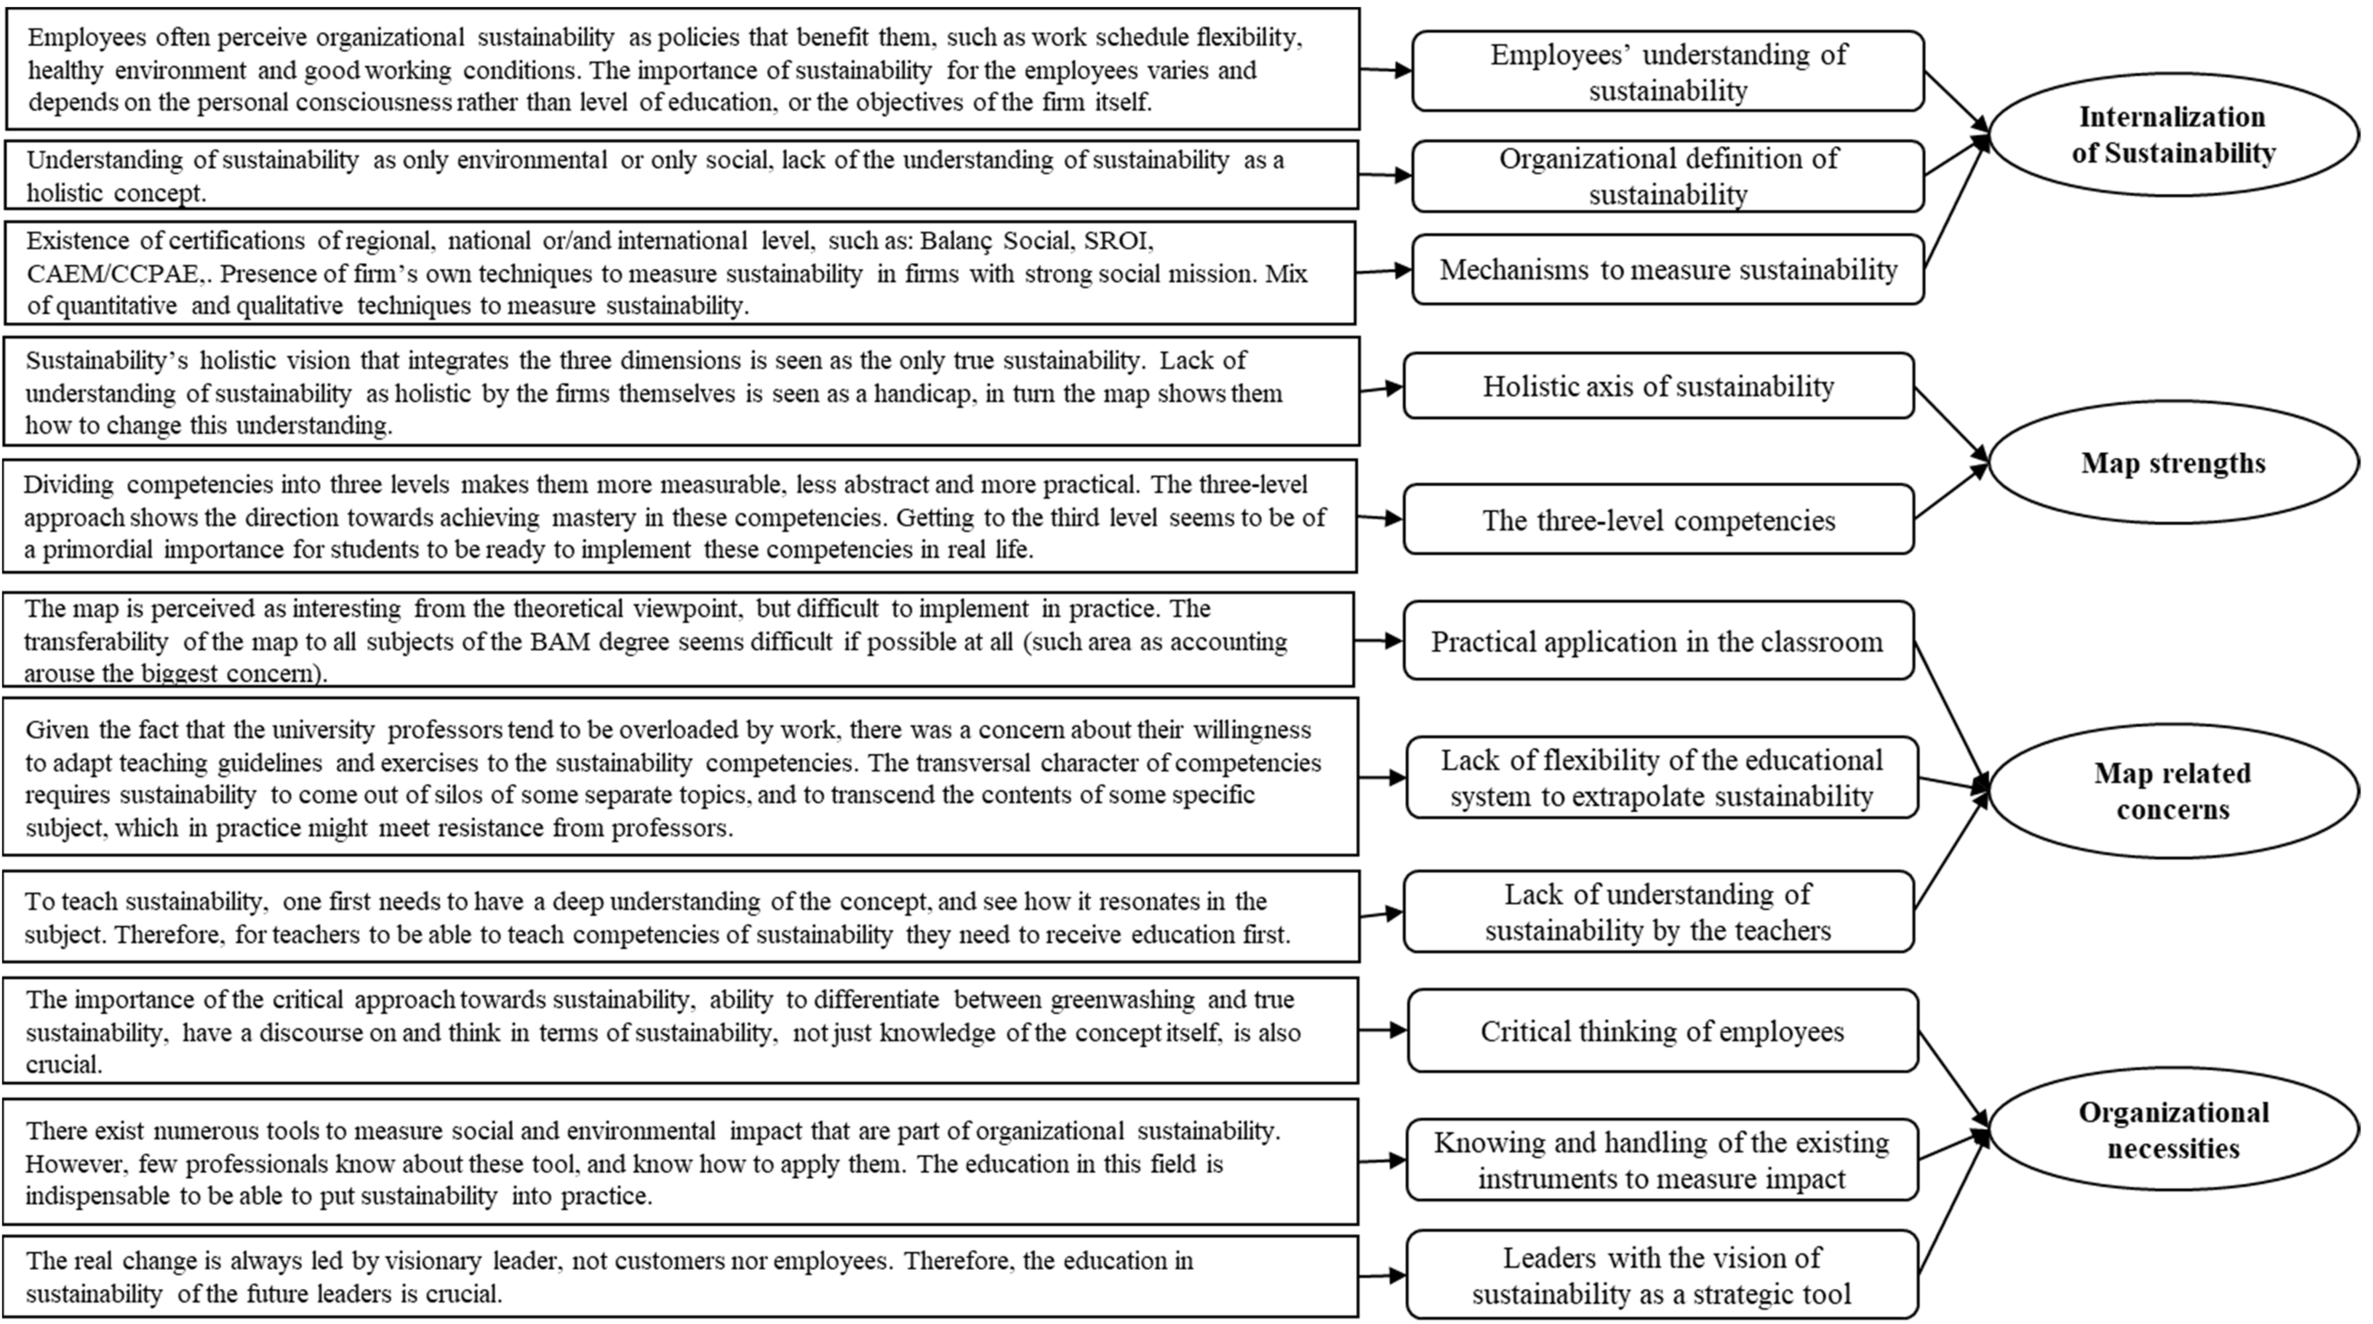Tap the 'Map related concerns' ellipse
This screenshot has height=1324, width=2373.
[2172, 791]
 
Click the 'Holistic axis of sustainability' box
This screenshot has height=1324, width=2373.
[1658, 386]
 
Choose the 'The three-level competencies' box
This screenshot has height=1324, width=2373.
[1658, 520]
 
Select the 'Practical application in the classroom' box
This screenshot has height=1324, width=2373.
[1658, 641]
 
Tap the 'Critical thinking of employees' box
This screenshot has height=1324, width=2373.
[1662, 1031]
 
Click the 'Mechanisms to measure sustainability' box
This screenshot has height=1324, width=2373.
[1667, 269]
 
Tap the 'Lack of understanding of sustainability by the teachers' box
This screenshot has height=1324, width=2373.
[1658, 912]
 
